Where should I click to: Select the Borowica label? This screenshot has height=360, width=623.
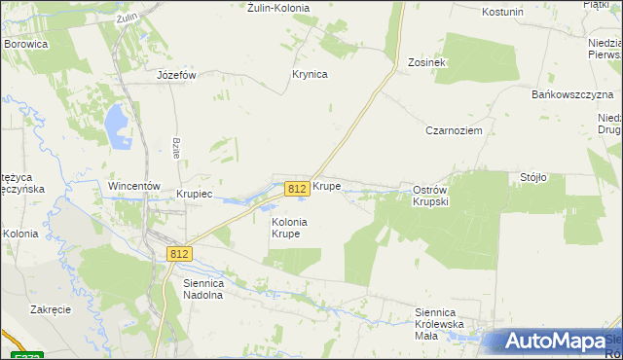(x=26, y=44)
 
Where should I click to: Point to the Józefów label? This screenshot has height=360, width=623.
(x=177, y=75)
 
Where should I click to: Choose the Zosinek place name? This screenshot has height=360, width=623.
(x=426, y=62)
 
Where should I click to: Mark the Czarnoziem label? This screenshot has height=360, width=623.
(x=454, y=129)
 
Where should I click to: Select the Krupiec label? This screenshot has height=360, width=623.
(x=194, y=194)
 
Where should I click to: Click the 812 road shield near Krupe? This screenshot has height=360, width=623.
(x=298, y=189)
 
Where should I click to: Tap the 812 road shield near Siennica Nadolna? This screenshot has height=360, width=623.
(x=178, y=254)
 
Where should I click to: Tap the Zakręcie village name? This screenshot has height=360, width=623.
(x=51, y=309)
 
